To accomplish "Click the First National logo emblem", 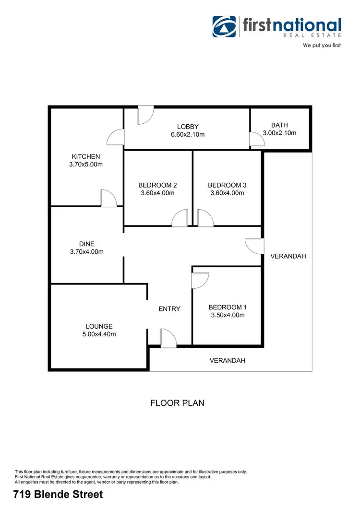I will [225, 26].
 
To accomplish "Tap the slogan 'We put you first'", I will [322, 46].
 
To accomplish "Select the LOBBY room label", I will [187, 127].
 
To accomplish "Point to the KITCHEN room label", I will [86, 156].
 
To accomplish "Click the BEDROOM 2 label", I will [157, 185].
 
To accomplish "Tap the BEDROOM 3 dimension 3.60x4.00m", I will [227, 193].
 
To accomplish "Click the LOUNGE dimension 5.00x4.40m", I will [99, 334].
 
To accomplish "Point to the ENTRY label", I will [169, 308].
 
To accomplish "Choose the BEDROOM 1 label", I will [227, 307].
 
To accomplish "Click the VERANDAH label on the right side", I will [288, 256].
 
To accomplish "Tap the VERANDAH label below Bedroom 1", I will [228, 360].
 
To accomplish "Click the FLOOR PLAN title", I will [177, 403].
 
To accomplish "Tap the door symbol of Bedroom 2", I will [180, 218].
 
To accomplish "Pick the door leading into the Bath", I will [256, 139].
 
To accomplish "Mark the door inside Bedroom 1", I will [200, 280].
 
